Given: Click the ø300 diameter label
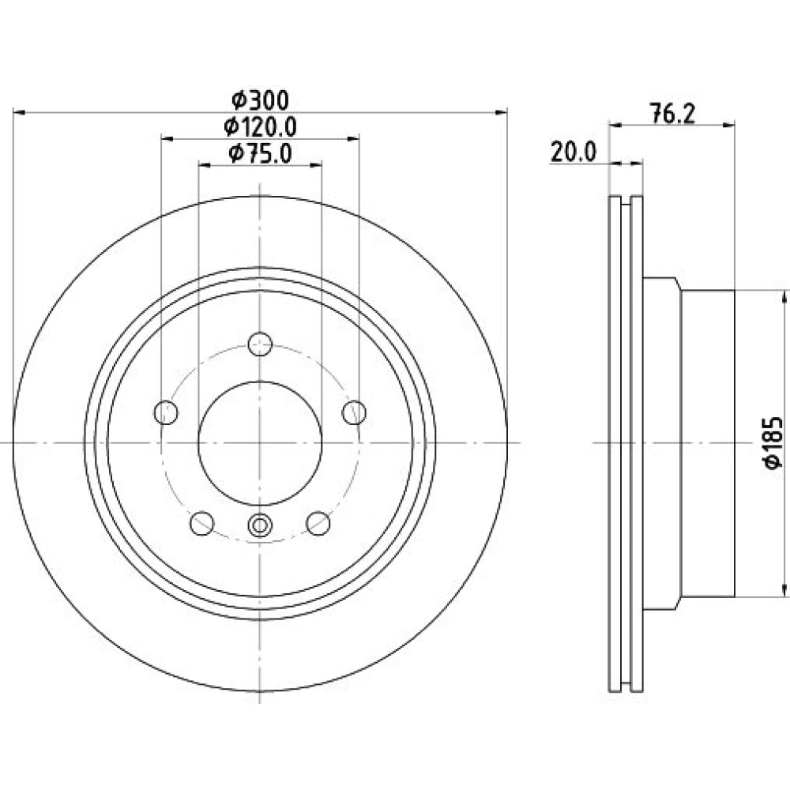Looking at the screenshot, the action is point(261,100).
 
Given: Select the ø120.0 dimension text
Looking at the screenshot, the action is point(261,126).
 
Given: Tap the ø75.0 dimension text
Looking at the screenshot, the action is point(260,153).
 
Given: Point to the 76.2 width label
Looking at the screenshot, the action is point(672,113).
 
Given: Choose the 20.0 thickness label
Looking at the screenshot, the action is point(574,152).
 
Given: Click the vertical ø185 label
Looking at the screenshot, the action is point(773,442).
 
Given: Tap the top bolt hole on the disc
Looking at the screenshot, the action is point(260,344).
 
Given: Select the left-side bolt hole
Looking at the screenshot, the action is point(166,412).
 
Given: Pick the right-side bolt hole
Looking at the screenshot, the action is point(354,412).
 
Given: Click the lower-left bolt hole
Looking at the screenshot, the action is point(202,523).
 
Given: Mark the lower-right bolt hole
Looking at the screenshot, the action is point(318,523).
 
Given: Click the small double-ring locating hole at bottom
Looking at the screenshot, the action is point(260,525).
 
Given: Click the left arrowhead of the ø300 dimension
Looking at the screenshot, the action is point(19,112).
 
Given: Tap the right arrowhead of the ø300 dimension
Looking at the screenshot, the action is point(502,112).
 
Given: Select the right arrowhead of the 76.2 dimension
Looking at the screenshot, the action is point(729,125).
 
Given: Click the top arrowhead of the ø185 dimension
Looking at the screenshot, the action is point(784,296).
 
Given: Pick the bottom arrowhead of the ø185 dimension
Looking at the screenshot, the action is point(784,590).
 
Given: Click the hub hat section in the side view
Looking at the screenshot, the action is point(689,443).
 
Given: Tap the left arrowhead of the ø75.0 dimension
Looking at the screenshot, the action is point(204,165).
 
